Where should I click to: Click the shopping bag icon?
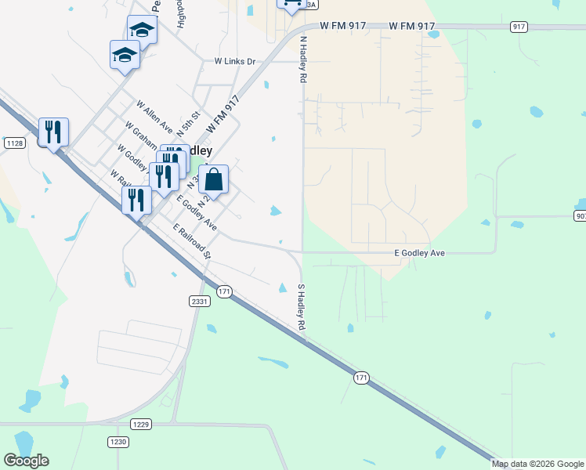tap(213, 180)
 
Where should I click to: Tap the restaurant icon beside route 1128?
tap(53, 132)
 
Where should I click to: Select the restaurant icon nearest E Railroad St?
tap(136, 200)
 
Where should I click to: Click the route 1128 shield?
tap(14, 143)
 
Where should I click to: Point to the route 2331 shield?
tap(199, 301)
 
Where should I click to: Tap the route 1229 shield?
tap(140, 424)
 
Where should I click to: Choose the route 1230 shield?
tap(118, 442)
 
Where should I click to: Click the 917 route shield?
tap(519, 27)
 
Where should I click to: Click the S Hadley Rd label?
tap(300, 306)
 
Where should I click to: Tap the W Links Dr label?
tap(235, 61)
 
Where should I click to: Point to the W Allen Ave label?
tap(154, 115)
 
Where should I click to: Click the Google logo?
tap(26, 461)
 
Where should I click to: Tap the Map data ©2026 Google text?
tap(537, 464)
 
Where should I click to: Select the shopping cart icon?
tap(291, 5)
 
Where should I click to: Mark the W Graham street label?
tap(140, 132)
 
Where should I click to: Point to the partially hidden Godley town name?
tap(200, 150)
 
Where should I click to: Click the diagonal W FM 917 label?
tap(222, 114)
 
